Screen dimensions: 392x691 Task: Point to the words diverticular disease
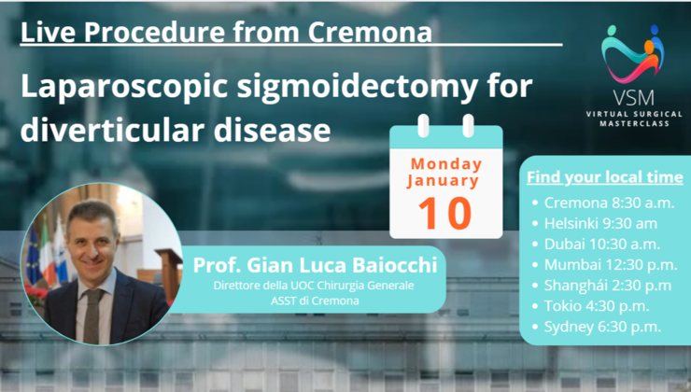click(175, 130)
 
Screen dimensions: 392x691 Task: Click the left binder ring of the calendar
click(423, 125)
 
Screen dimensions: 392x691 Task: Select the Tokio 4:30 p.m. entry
click(594, 305)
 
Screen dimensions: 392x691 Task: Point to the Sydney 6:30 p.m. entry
click(598, 326)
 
